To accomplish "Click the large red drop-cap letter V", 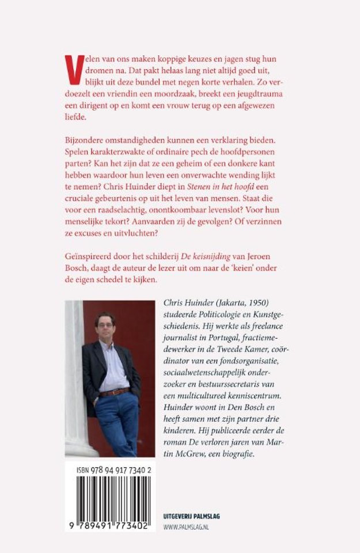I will pyautogui.click(x=71, y=64).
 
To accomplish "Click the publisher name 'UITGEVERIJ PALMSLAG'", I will pyautogui.click(x=192, y=516).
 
